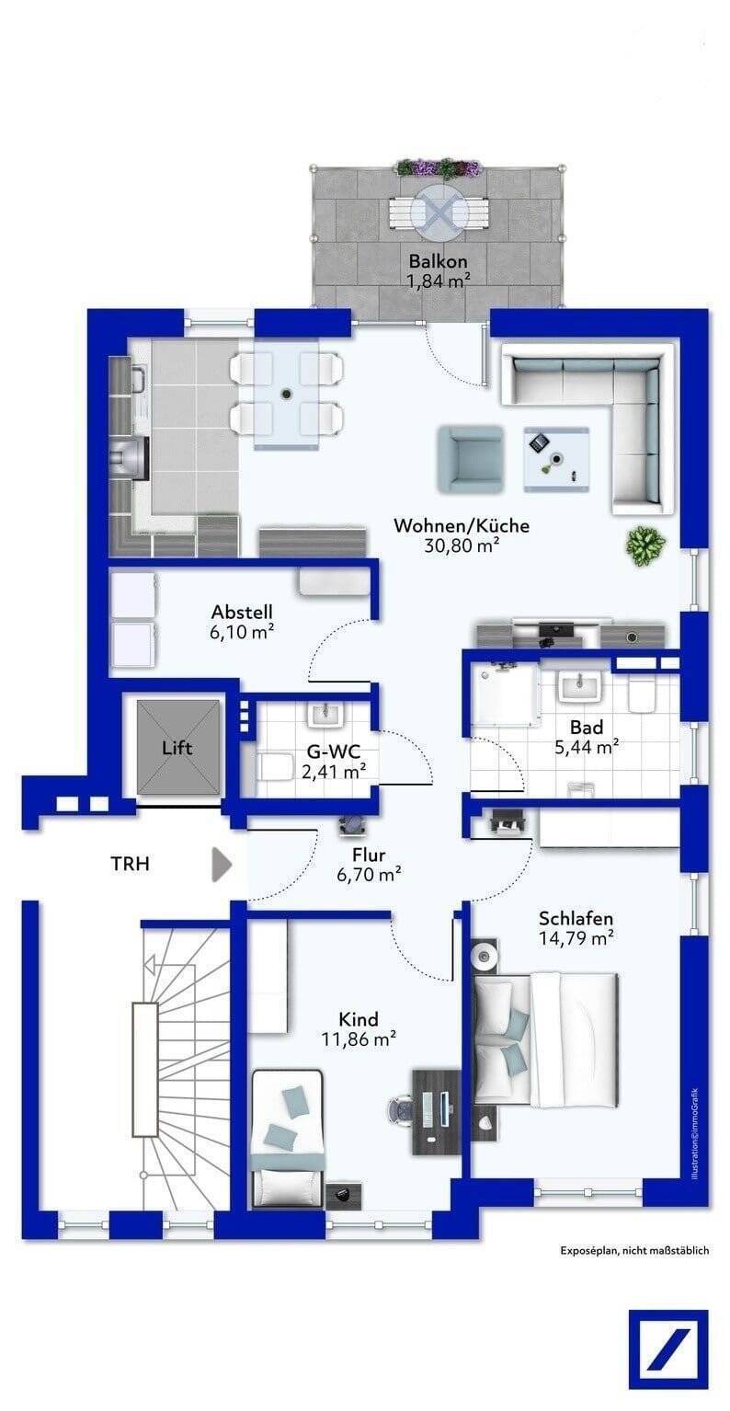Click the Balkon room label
click(x=438, y=261)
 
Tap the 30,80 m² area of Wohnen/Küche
click(x=462, y=545)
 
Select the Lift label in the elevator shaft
click(x=177, y=748)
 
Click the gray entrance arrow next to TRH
click(x=222, y=864)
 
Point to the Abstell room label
click(x=242, y=612)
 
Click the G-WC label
click(x=334, y=751)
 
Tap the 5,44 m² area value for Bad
click(x=587, y=748)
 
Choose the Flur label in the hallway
click(x=369, y=855)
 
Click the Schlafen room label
click(x=576, y=918)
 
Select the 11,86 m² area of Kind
click(x=359, y=1038)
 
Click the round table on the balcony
click(x=439, y=211)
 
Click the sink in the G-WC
click(x=325, y=715)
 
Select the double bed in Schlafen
click(x=545, y=1040)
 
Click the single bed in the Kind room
click(x=289, y=1138)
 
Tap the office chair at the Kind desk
click(x=401, y=1107)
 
